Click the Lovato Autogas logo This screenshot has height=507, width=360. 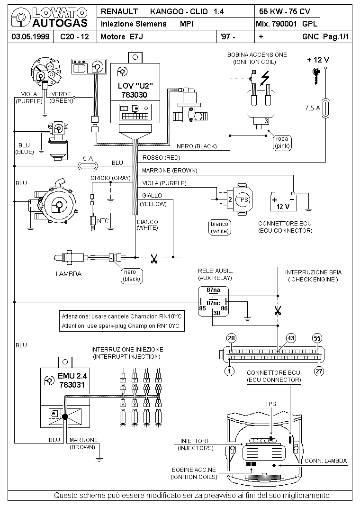click(x=49, y=18)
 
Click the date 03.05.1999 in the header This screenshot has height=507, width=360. click(x=30, y=36)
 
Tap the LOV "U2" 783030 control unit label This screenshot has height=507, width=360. click(x=135, y=90)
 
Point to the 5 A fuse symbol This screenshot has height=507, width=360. click(x=88, y=166)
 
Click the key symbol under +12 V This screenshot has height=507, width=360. click(x=316, y=76)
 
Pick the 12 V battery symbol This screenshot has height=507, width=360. click(x=283, y=202)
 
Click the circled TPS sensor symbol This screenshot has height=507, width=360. click(x=243, y=200)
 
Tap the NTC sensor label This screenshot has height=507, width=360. click(x=103, y=221)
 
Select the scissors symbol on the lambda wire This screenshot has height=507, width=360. click(x=154, y=259)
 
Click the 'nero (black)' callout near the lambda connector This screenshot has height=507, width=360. click(x=132, y=276)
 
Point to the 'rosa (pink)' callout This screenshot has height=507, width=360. click(x=282, y=143)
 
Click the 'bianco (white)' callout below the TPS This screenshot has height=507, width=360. click(x=220, y=227)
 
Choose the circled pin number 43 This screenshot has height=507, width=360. click(x=291, y=338)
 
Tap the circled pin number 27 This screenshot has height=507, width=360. click(x=319, y=371)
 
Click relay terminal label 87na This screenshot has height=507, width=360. click(x=213, y=290)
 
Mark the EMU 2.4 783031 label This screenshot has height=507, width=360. click(x=72, y=380)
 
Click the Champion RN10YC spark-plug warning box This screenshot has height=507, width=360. click(x=122, y=321)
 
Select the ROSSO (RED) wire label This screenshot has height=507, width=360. click(x=161, y=158)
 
